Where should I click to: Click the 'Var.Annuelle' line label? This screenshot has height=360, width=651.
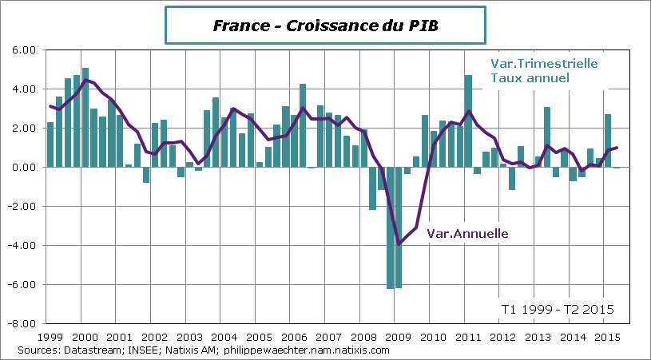point(468,234)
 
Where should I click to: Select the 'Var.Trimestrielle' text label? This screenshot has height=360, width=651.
point(542,64)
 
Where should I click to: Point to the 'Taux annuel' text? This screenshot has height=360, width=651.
point(530,78)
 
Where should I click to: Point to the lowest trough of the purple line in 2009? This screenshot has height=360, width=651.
point(399,244)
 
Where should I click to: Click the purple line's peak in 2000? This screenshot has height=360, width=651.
point(85,80)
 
